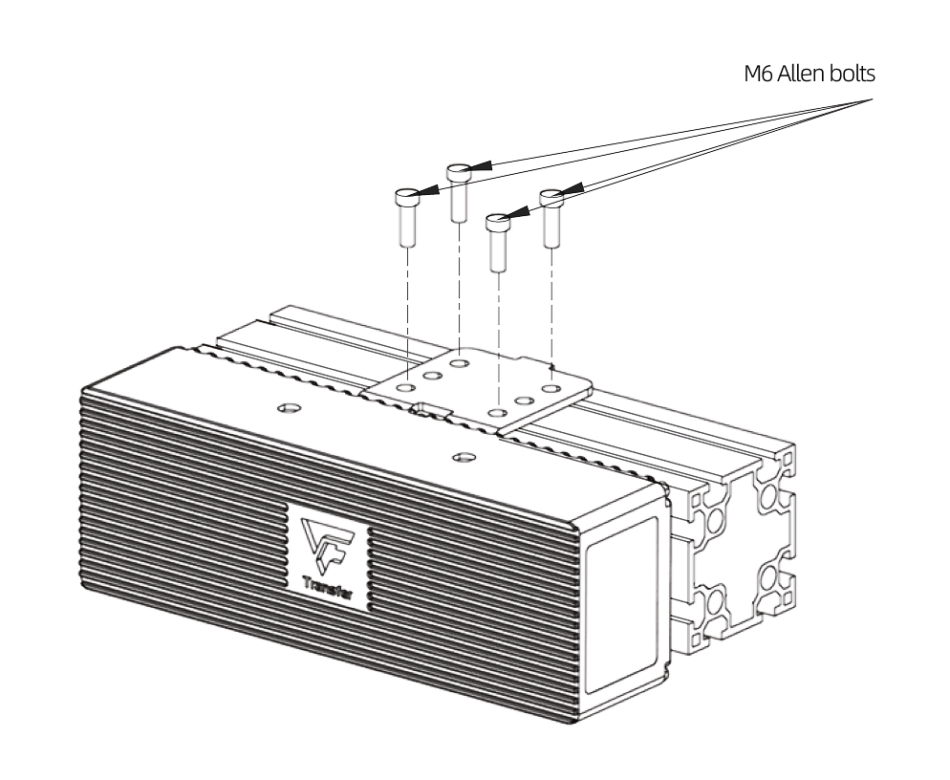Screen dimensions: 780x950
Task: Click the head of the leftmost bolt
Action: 406,198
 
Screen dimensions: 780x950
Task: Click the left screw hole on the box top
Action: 284,409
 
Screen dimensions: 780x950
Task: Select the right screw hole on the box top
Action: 464,458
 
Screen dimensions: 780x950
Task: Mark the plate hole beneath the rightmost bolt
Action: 551,390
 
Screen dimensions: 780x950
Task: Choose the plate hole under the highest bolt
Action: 460,363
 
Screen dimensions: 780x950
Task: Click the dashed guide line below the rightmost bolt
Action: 551,306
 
